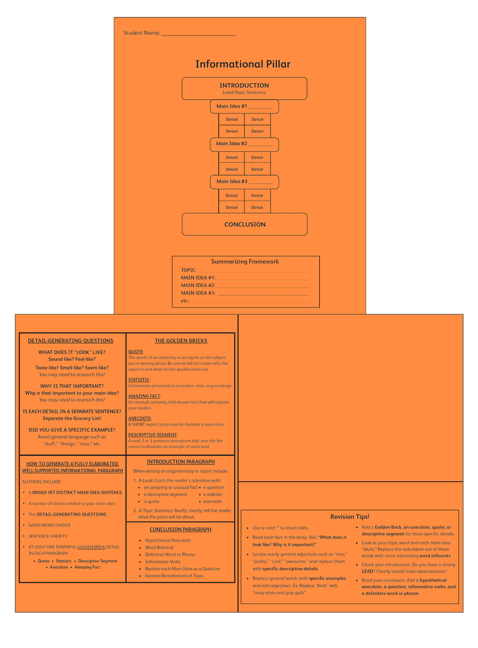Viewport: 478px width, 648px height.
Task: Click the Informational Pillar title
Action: tap(243, 64)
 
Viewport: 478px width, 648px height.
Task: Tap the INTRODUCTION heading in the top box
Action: tap(244, 86)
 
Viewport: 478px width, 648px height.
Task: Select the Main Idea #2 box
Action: tap(244, 145)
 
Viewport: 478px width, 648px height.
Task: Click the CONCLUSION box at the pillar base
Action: tap(244, 224)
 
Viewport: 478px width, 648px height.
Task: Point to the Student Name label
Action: tap(142, 33)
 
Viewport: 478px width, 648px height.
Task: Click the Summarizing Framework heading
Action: tap(245, 262)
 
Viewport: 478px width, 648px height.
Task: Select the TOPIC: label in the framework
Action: tap(188, 270)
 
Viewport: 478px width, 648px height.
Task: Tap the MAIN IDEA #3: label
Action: tap(198, 293)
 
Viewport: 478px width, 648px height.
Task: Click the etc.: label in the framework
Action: tap(186, 301)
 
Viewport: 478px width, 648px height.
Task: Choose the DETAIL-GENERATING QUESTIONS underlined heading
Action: tap(70, 340)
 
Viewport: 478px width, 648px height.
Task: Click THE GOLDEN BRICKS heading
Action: tap(181, 340)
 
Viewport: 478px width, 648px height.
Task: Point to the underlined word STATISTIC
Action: tap(139, 380)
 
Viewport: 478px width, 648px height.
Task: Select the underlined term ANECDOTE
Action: tap(140, 418)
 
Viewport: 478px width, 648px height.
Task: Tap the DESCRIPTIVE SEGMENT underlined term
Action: tap(153, 435)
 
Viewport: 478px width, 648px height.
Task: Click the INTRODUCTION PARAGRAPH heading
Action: tap(180, 462)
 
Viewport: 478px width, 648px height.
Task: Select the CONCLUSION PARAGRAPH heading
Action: tap(180, 530)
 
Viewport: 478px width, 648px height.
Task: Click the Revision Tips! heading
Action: tap(349, 517)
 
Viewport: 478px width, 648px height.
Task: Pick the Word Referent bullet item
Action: tap(159, 547)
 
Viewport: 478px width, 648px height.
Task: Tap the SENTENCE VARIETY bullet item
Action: tap(48, 536)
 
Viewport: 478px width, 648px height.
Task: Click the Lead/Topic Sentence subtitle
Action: tap(244, 93)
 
